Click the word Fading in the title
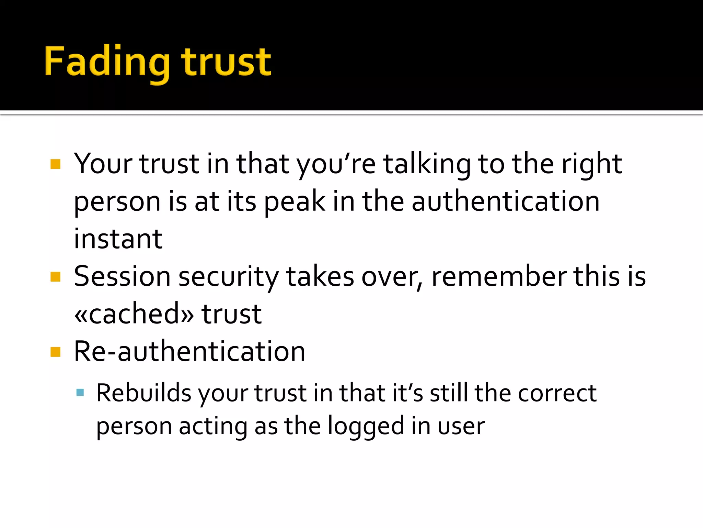coord(107,62)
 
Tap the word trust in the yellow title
coord(226,62)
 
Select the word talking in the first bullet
coord(427,164)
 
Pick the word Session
coord(122,276)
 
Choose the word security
coord(229,277)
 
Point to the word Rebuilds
coord(143,393)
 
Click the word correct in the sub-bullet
coord(557,393)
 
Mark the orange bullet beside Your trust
coord(55,164)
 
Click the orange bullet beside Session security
coord(55,277)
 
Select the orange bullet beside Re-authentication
coord(55,352)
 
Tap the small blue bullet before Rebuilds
coord(80,393)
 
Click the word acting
coord(213,426)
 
